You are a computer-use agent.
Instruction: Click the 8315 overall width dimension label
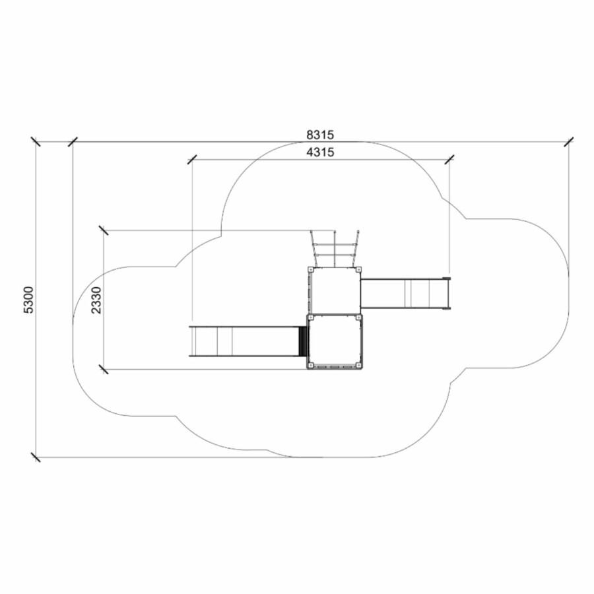click(x=320, y=135)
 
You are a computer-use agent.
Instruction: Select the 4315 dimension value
click(x=320, y=152)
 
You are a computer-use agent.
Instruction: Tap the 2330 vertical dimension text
click(x=96, y=300)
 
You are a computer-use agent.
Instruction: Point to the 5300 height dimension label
click(x=29, y=300)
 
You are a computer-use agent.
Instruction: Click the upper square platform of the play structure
click(x=335, y=290)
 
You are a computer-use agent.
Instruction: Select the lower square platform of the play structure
click(x=335, y=342)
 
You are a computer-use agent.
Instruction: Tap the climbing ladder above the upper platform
click(x=335, y=249)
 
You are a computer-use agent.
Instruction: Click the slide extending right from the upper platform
click(x=406, y=294)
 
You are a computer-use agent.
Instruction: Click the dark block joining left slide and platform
click(x=304, y=341)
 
